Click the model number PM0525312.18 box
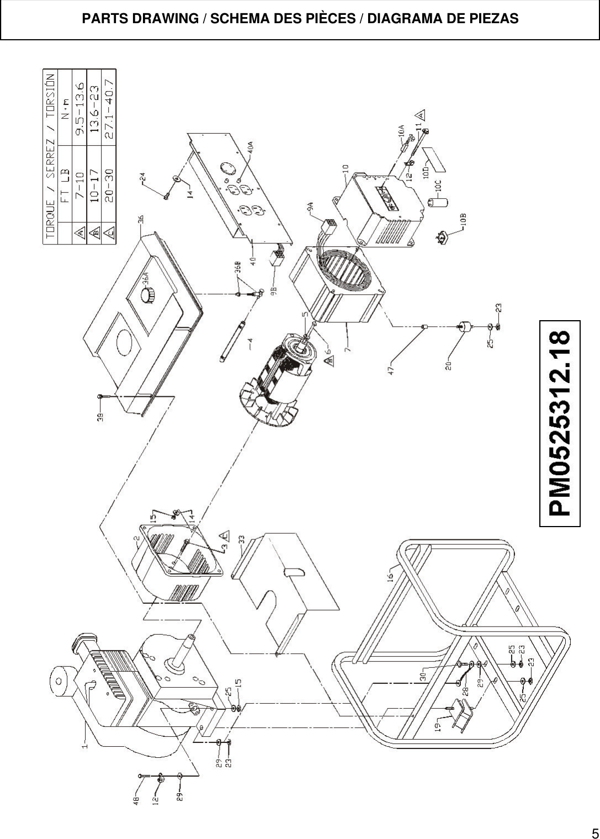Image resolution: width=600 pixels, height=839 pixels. tap(560, 423)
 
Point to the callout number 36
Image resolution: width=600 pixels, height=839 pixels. tap(142, 219)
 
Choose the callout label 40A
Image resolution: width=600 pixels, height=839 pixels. tap(250, 147)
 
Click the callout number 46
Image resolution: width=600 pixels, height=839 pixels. tap(137, 800)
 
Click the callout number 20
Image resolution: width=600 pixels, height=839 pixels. tap(449, 365)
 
